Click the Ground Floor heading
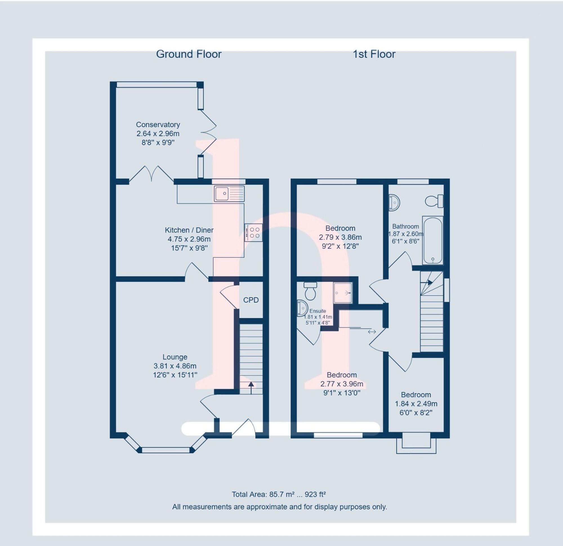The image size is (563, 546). coord(189,54)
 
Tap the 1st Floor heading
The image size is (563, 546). coord(374,54)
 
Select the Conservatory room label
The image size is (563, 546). coord(158,125)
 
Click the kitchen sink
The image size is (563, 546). coord(229,193)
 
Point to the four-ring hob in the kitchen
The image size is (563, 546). coord(253,233)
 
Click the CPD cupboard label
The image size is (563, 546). coord(251,300)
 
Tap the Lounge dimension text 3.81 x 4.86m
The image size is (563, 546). coord(175,366)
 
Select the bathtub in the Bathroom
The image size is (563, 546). coord(433,240)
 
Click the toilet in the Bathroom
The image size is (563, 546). coord(434,201)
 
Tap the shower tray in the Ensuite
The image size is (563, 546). coord(343,293)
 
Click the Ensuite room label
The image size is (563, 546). coord(318,311)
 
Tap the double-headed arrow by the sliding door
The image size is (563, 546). coord(372,332)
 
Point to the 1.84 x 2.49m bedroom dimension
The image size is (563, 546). coord(416,404)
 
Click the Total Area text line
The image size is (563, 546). coord(279,494)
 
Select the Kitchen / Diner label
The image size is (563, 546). coord(189,230)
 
